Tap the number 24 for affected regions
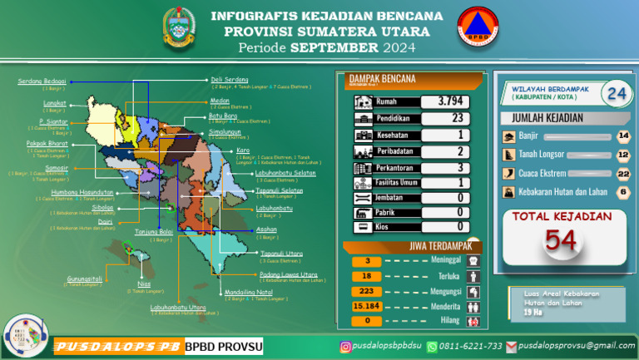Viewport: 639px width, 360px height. click(x=617, y=93)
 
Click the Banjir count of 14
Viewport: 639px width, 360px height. click(x=623, y=136)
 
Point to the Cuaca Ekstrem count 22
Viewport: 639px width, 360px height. click(x=623, y=173)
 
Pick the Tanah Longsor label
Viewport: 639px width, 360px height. click(x=542, y=154)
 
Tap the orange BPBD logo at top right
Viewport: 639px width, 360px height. click(x=473, y=30)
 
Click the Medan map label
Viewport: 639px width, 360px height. click(x=220, y=100)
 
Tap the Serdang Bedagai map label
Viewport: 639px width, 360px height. click(x=42, y=81)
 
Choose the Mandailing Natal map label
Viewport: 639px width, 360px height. click(x=248, y=292)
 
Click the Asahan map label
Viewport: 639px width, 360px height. click(x=266, y=228)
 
